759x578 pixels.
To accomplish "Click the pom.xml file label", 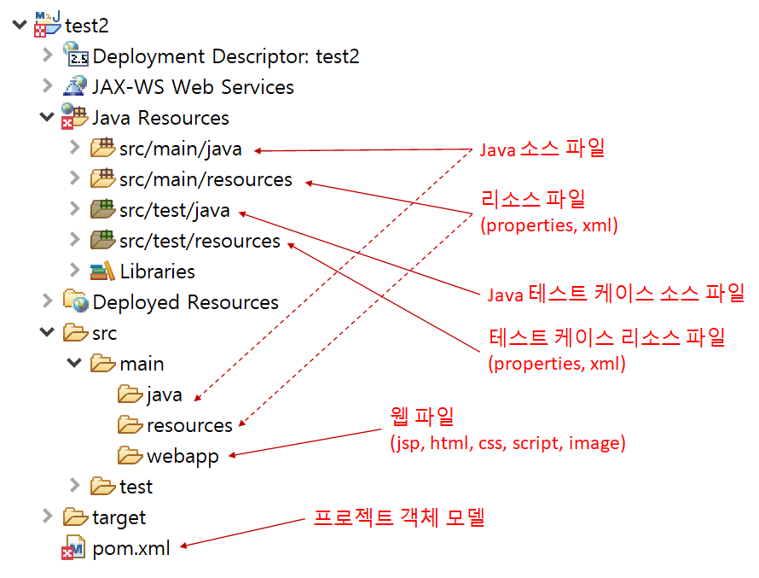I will point(131,548).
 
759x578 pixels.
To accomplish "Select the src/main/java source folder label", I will point(180,149).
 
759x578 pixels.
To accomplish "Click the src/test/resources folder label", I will point(200,242).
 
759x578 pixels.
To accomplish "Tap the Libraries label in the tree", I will point(157,271).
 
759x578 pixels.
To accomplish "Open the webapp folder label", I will point(183,456).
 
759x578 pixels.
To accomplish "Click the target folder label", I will point(119,517).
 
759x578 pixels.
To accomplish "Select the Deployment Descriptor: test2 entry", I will point(226,57).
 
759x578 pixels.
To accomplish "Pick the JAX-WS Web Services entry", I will point(193,87).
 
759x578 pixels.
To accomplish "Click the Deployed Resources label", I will point(185,302).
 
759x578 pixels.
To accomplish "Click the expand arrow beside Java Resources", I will point(46,118).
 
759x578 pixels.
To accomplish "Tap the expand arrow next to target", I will point(47,517).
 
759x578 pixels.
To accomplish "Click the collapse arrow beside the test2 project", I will point(19,26).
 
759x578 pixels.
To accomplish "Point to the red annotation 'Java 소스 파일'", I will point(542,149).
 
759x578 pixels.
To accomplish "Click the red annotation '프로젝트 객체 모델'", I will point(399,517).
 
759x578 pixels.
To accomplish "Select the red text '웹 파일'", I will point(422,417).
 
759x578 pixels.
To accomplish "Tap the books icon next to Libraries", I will point(102,271).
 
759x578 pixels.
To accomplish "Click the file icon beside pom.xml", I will point(73,548).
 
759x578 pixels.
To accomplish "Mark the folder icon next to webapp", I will point(130,456).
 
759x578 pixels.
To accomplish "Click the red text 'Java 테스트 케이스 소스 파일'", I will point(616,295).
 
